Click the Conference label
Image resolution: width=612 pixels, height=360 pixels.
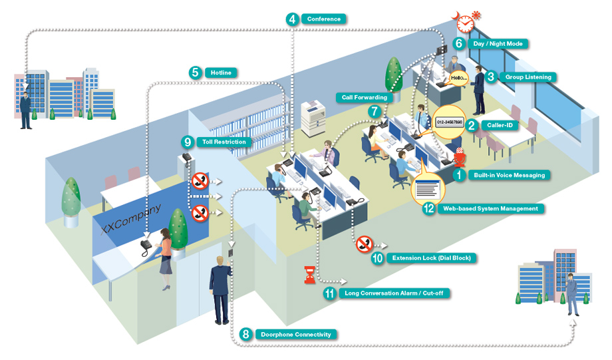point(323,19)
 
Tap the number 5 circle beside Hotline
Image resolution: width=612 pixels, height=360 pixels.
point(195,73)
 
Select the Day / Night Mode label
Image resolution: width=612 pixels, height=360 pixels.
point(498,44)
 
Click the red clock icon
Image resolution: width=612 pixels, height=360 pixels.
point(465,24)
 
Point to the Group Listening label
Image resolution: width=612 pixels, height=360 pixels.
point(528,77)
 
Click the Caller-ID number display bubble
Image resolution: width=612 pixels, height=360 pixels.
point(449,122)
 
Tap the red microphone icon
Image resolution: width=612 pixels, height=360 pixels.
point(460,157)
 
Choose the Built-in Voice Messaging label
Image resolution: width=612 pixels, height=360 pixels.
point(510,175)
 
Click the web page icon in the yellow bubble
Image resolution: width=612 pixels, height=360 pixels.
point(428,189)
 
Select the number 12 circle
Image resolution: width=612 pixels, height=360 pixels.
point(428,208)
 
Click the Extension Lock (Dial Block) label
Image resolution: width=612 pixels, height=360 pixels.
point(431,258)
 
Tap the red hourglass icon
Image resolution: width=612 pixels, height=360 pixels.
point(310,274)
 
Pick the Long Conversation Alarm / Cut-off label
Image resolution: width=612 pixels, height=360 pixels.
point(394,293)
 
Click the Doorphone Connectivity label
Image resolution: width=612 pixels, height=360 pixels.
point(296,335)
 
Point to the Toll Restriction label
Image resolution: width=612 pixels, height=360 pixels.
point(224,142)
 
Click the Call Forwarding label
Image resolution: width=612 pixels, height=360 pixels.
point(364,98)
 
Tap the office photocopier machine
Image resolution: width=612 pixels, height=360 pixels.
point(313,118)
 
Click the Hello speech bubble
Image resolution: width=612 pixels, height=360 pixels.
point(458,78)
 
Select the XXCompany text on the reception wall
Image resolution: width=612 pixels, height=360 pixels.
point(130,219)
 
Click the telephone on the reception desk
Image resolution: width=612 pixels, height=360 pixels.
point(146,247)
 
